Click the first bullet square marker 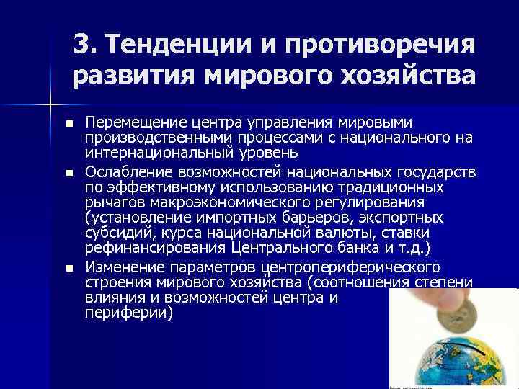68,123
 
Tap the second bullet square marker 68,173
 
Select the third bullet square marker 68,268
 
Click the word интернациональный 166,153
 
